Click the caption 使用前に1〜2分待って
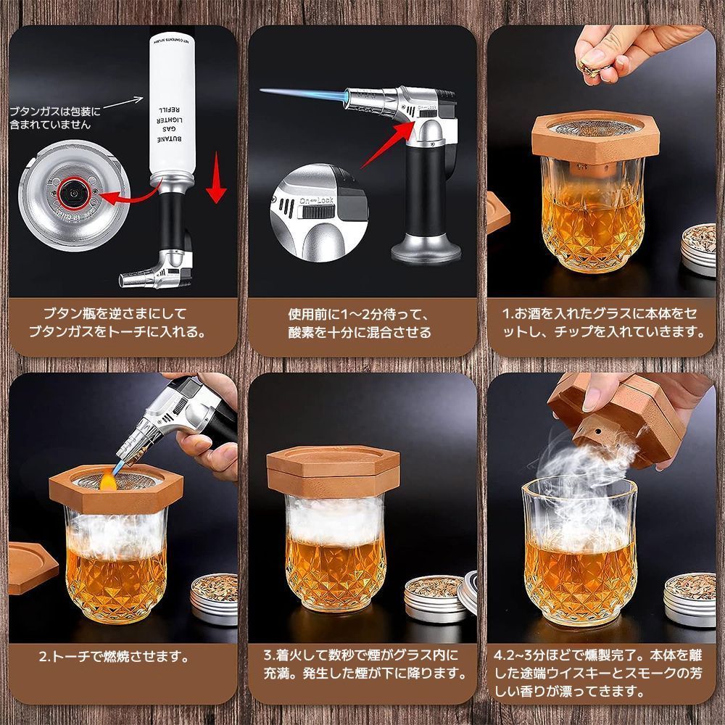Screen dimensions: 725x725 pyautogui.click(x=360, y=314)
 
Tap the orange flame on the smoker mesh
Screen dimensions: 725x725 pyautogui.click(x=109, y=478)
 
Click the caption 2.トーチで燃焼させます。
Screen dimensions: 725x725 pyautogui.click(x=114, y=658)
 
